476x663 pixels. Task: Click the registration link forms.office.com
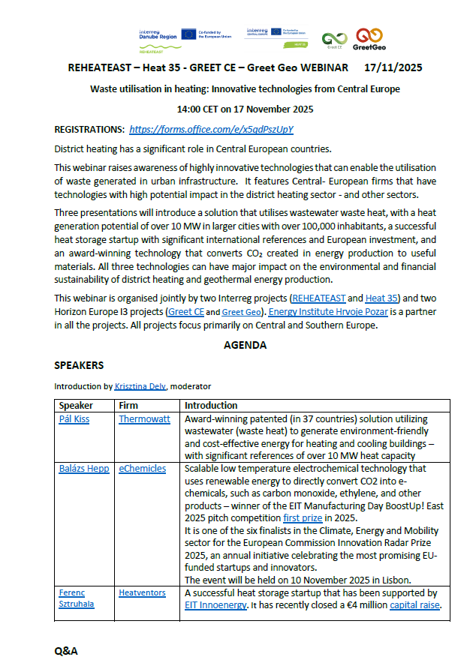coord(211,129)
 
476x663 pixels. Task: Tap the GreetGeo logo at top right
coord(369,38)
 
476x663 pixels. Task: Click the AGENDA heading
coord(245,346)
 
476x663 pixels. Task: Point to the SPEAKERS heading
coord(79,365)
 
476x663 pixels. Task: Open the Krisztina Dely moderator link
coord(140,386)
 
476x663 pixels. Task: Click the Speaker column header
coord(76,405)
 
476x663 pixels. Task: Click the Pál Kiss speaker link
coord(74,418)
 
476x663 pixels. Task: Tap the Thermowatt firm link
coord(144,418)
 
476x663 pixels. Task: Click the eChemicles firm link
coord(143,468)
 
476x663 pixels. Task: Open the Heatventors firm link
coord(142,592)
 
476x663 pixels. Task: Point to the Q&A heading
coord(66,651)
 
